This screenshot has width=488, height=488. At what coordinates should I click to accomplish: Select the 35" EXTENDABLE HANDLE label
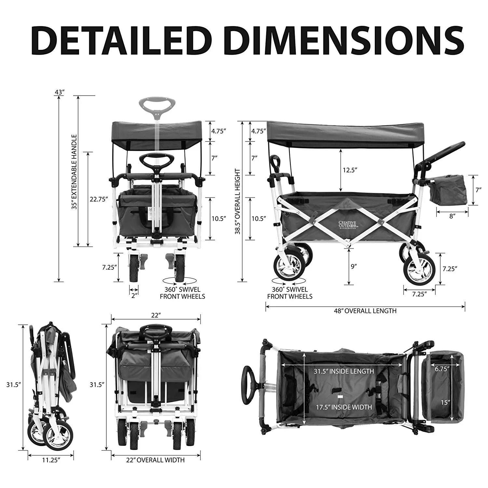tap(74, 172)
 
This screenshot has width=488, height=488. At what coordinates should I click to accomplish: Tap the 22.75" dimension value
tap(99, 199)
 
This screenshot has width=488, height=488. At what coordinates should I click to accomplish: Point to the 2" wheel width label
tap(134, 295)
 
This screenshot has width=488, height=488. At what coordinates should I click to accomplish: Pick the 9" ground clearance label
tap(354, 266)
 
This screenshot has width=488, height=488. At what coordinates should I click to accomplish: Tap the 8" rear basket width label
tap(452, 216)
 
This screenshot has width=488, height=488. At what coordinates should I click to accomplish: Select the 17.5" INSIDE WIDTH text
tap(344, 407)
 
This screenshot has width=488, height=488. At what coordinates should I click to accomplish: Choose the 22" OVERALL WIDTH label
tap(155, 460)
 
